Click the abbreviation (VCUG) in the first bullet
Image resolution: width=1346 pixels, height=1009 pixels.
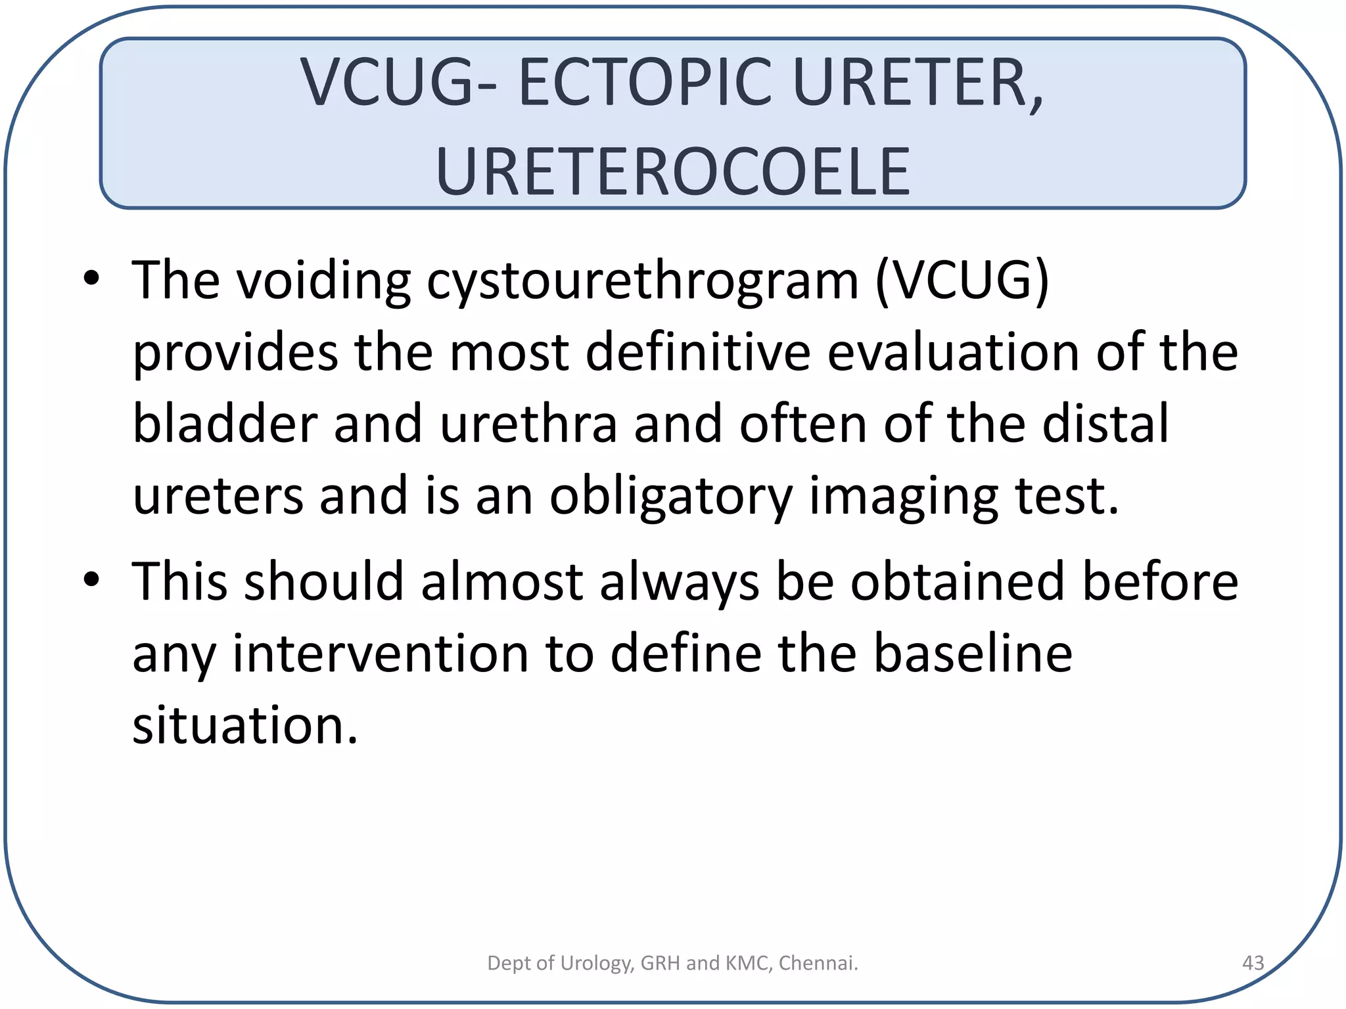[962, 281]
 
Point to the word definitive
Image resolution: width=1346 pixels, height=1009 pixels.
[698, 353]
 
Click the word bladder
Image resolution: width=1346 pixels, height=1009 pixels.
[225, 424]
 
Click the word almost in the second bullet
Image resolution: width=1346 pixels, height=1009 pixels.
[502, 582]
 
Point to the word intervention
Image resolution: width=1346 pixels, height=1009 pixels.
[381, 654]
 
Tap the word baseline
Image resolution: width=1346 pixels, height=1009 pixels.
[973, 654]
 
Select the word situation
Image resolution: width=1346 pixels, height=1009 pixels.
[244, 726]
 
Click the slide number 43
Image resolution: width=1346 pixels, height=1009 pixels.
[1253, 963]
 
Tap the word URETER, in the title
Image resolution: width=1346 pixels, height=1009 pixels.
[917, 83]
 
